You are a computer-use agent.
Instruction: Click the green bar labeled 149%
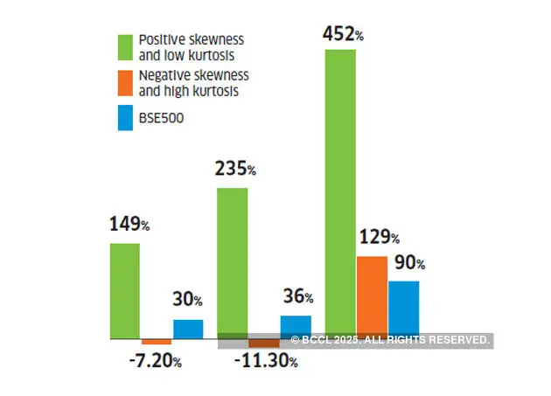pyautogui.click(x=125, y=290)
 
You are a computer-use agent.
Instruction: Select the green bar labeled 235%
pyautogui.click(x=233, y=262)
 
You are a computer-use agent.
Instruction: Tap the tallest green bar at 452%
pyautogui.click(x=340, y=193)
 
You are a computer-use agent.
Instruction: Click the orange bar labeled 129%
pyautogui.click(x=372, y=297)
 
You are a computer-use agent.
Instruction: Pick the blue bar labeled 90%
pyautogui.click(x=403, y=309)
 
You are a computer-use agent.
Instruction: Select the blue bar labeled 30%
pyautogui.click(x=188, y=329)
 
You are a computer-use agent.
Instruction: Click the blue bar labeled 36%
pyautogui.click(x=296, y=326)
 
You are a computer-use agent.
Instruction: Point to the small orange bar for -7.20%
pyautogui.click(x=157, y=341)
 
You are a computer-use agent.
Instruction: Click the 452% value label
pyautogui.click(x=343, y=35)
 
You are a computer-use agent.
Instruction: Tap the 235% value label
pyautogui.click(x=235, y=170)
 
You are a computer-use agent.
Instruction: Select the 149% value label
pyautogui.click(x=129, y=225)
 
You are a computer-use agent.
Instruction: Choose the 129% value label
pyautogui.click(x=378, y=237)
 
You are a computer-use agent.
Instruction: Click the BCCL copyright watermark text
pyautogui.click(x=389, y=340)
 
